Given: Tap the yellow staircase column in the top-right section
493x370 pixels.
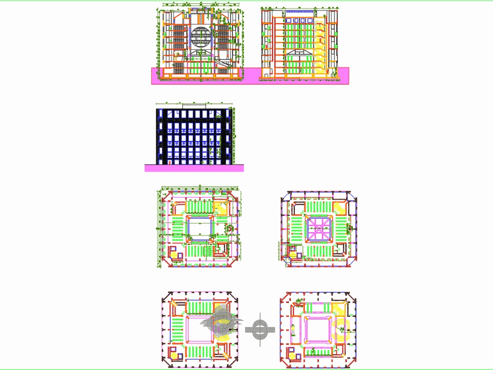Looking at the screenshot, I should [x=321, y=49].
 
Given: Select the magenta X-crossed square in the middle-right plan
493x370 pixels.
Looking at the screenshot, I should [x=320, y=227].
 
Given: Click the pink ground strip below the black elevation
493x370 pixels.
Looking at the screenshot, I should [x=194, y=168].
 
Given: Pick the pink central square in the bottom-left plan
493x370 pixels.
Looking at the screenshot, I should [x=200, y=330].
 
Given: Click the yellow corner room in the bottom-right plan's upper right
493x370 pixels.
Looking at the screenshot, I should [x=340, y=310].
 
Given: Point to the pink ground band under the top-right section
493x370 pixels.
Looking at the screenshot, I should [x=301, y=79].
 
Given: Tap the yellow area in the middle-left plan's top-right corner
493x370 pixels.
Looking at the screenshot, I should [x=221, y=207].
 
